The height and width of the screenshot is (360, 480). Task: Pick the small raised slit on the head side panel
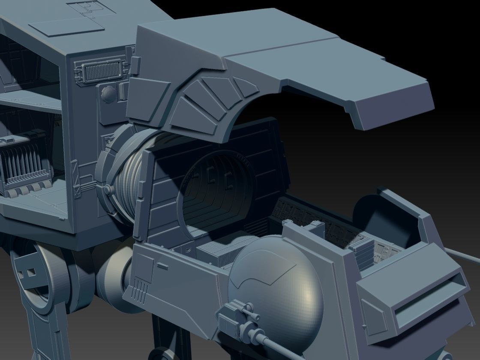click(162, 267)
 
